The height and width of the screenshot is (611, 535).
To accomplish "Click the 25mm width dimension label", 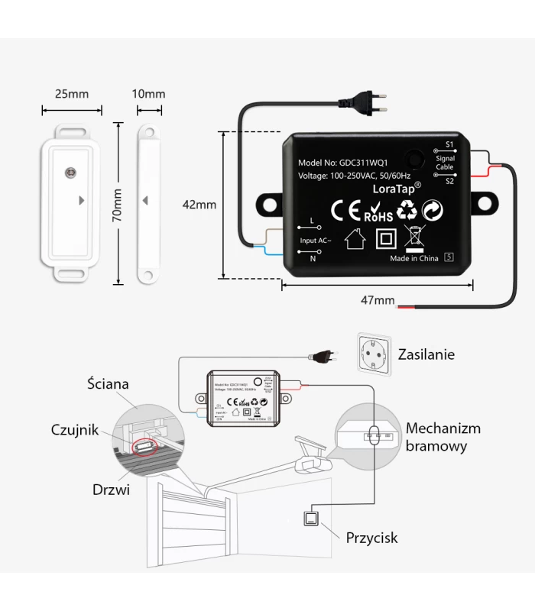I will click(72, 94).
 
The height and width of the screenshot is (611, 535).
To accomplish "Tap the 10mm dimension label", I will click(148, 94).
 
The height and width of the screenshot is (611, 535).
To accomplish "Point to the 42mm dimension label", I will click(199, 205).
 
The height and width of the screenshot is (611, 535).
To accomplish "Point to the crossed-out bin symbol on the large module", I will click(414, 238).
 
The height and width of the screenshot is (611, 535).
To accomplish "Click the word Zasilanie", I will click(426, 354).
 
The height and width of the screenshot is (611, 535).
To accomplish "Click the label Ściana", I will click(109, 383).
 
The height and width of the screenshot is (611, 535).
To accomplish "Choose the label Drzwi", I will click(112, 489).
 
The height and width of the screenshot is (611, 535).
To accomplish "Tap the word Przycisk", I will click(371, 538).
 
